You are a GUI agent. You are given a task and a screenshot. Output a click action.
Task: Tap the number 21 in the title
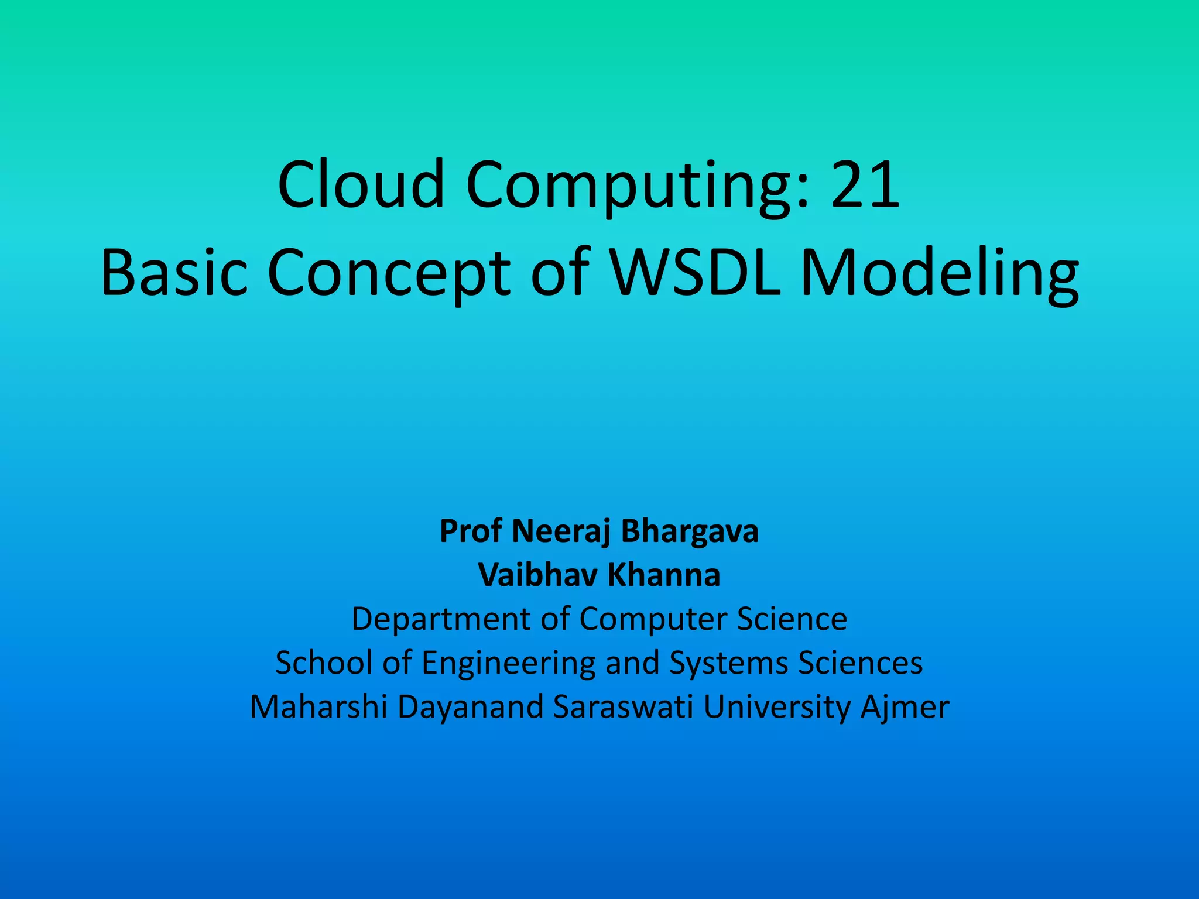(865, 186)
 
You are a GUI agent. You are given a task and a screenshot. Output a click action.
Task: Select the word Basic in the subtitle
(174, 273)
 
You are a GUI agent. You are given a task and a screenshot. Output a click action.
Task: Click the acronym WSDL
(696, 273)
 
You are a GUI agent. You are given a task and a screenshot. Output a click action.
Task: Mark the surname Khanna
(663, 575)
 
